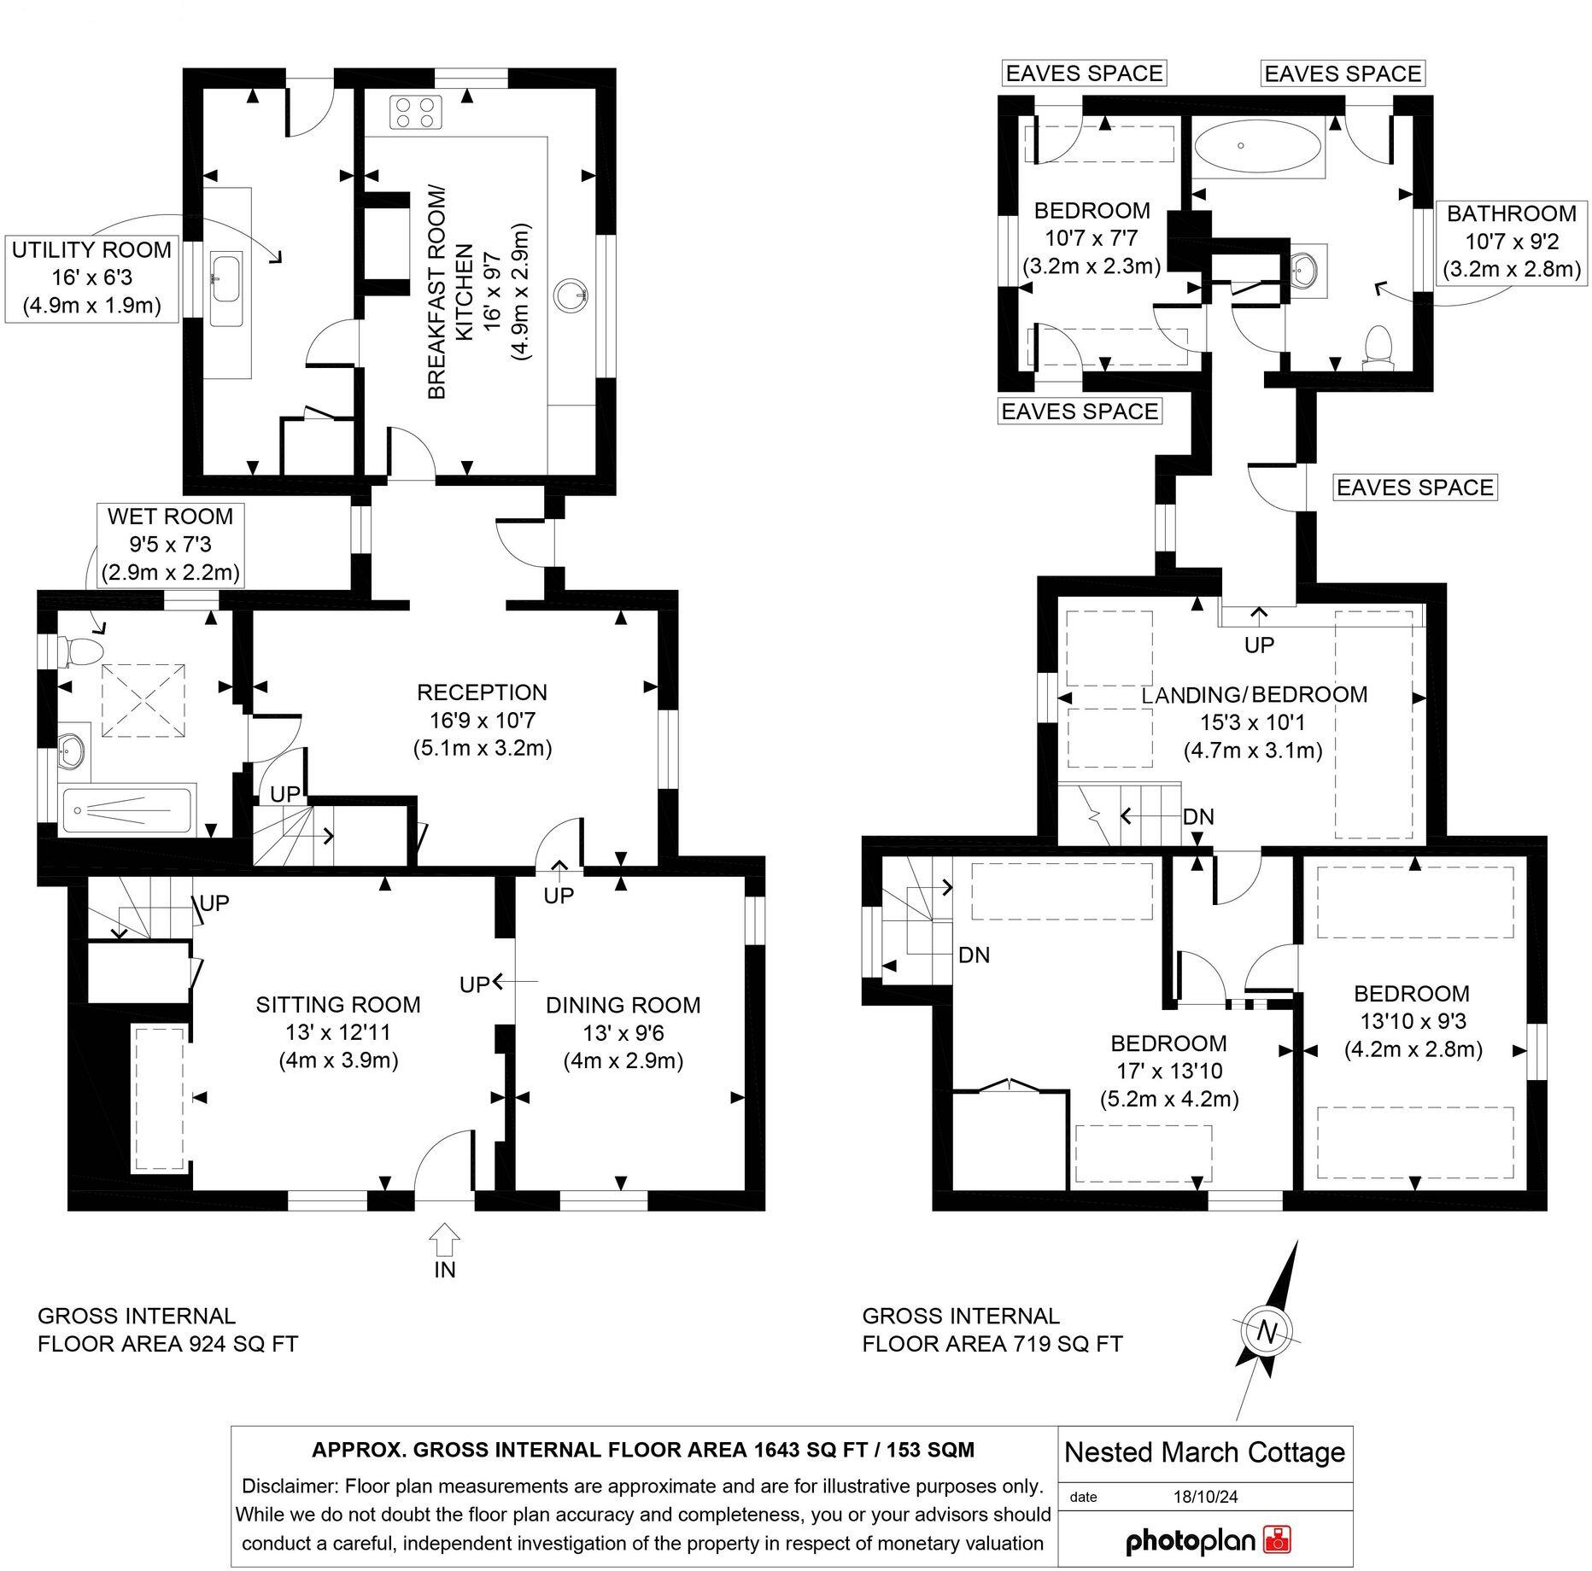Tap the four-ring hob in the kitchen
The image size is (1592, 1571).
click(416, 113)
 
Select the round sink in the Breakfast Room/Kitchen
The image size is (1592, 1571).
click(571, 295)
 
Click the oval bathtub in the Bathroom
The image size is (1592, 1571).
click(1244, 146)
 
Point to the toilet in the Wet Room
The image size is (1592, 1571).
click(80, 651)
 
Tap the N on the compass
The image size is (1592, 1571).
click(1267, 1332)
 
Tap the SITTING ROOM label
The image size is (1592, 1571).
click(338, 1005)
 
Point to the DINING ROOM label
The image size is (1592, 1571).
click(623, 1005)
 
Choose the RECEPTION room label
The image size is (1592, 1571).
click(482, 692)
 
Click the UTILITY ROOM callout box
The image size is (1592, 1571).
click(91, 278)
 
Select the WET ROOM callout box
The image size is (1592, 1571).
click(170, 544)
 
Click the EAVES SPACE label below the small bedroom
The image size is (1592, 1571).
click(1079, 412)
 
